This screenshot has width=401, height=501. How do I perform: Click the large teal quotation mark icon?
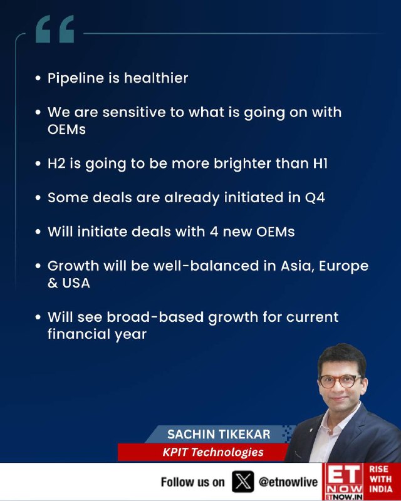pos(55,29)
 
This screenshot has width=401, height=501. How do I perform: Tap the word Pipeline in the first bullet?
pos(76,78)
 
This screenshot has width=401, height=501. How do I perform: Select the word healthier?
pos(156,78)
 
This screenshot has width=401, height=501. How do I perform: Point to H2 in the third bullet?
pos(56,163)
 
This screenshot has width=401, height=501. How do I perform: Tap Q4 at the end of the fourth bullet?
pos(315,197)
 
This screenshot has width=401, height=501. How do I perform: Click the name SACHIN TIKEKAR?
pos(219,434)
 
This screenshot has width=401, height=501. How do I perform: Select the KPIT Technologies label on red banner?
pos(213,452)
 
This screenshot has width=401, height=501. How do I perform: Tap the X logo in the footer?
pos(243,482)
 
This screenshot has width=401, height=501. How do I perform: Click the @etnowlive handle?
pos(288,482)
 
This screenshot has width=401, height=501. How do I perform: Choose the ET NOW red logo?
pos(343,482)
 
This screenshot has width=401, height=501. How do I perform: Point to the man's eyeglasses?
pos(340,381)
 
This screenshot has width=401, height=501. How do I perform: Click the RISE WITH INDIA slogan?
pos(381,479)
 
